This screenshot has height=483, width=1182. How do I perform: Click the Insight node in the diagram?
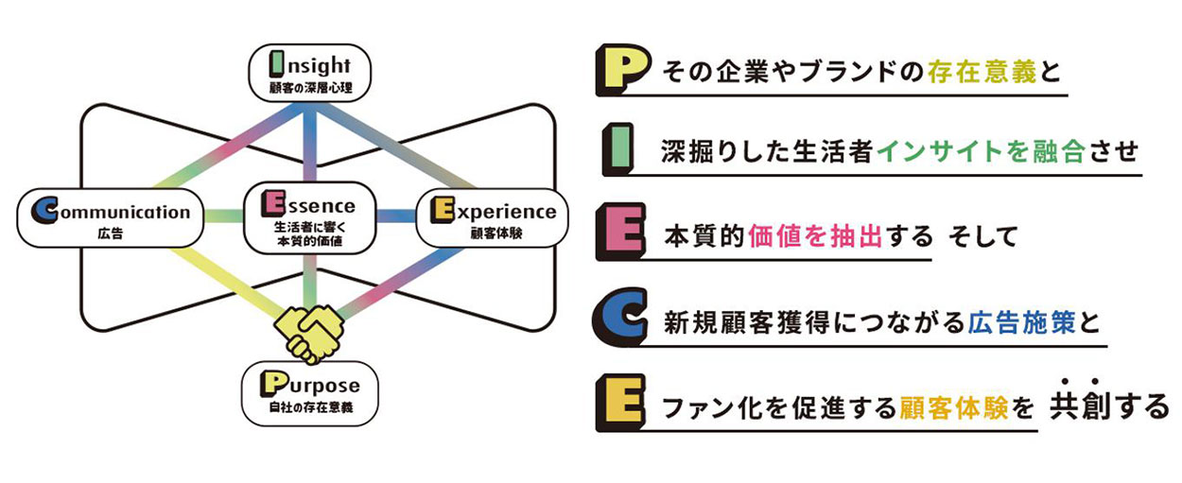310,75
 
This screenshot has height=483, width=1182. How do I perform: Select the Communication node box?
111,217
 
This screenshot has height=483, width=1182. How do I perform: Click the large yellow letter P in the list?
620,69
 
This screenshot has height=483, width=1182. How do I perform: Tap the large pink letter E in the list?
620,233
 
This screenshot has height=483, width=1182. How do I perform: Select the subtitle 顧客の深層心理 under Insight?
310,90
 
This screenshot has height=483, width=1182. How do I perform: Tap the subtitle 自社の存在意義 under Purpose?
310,409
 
